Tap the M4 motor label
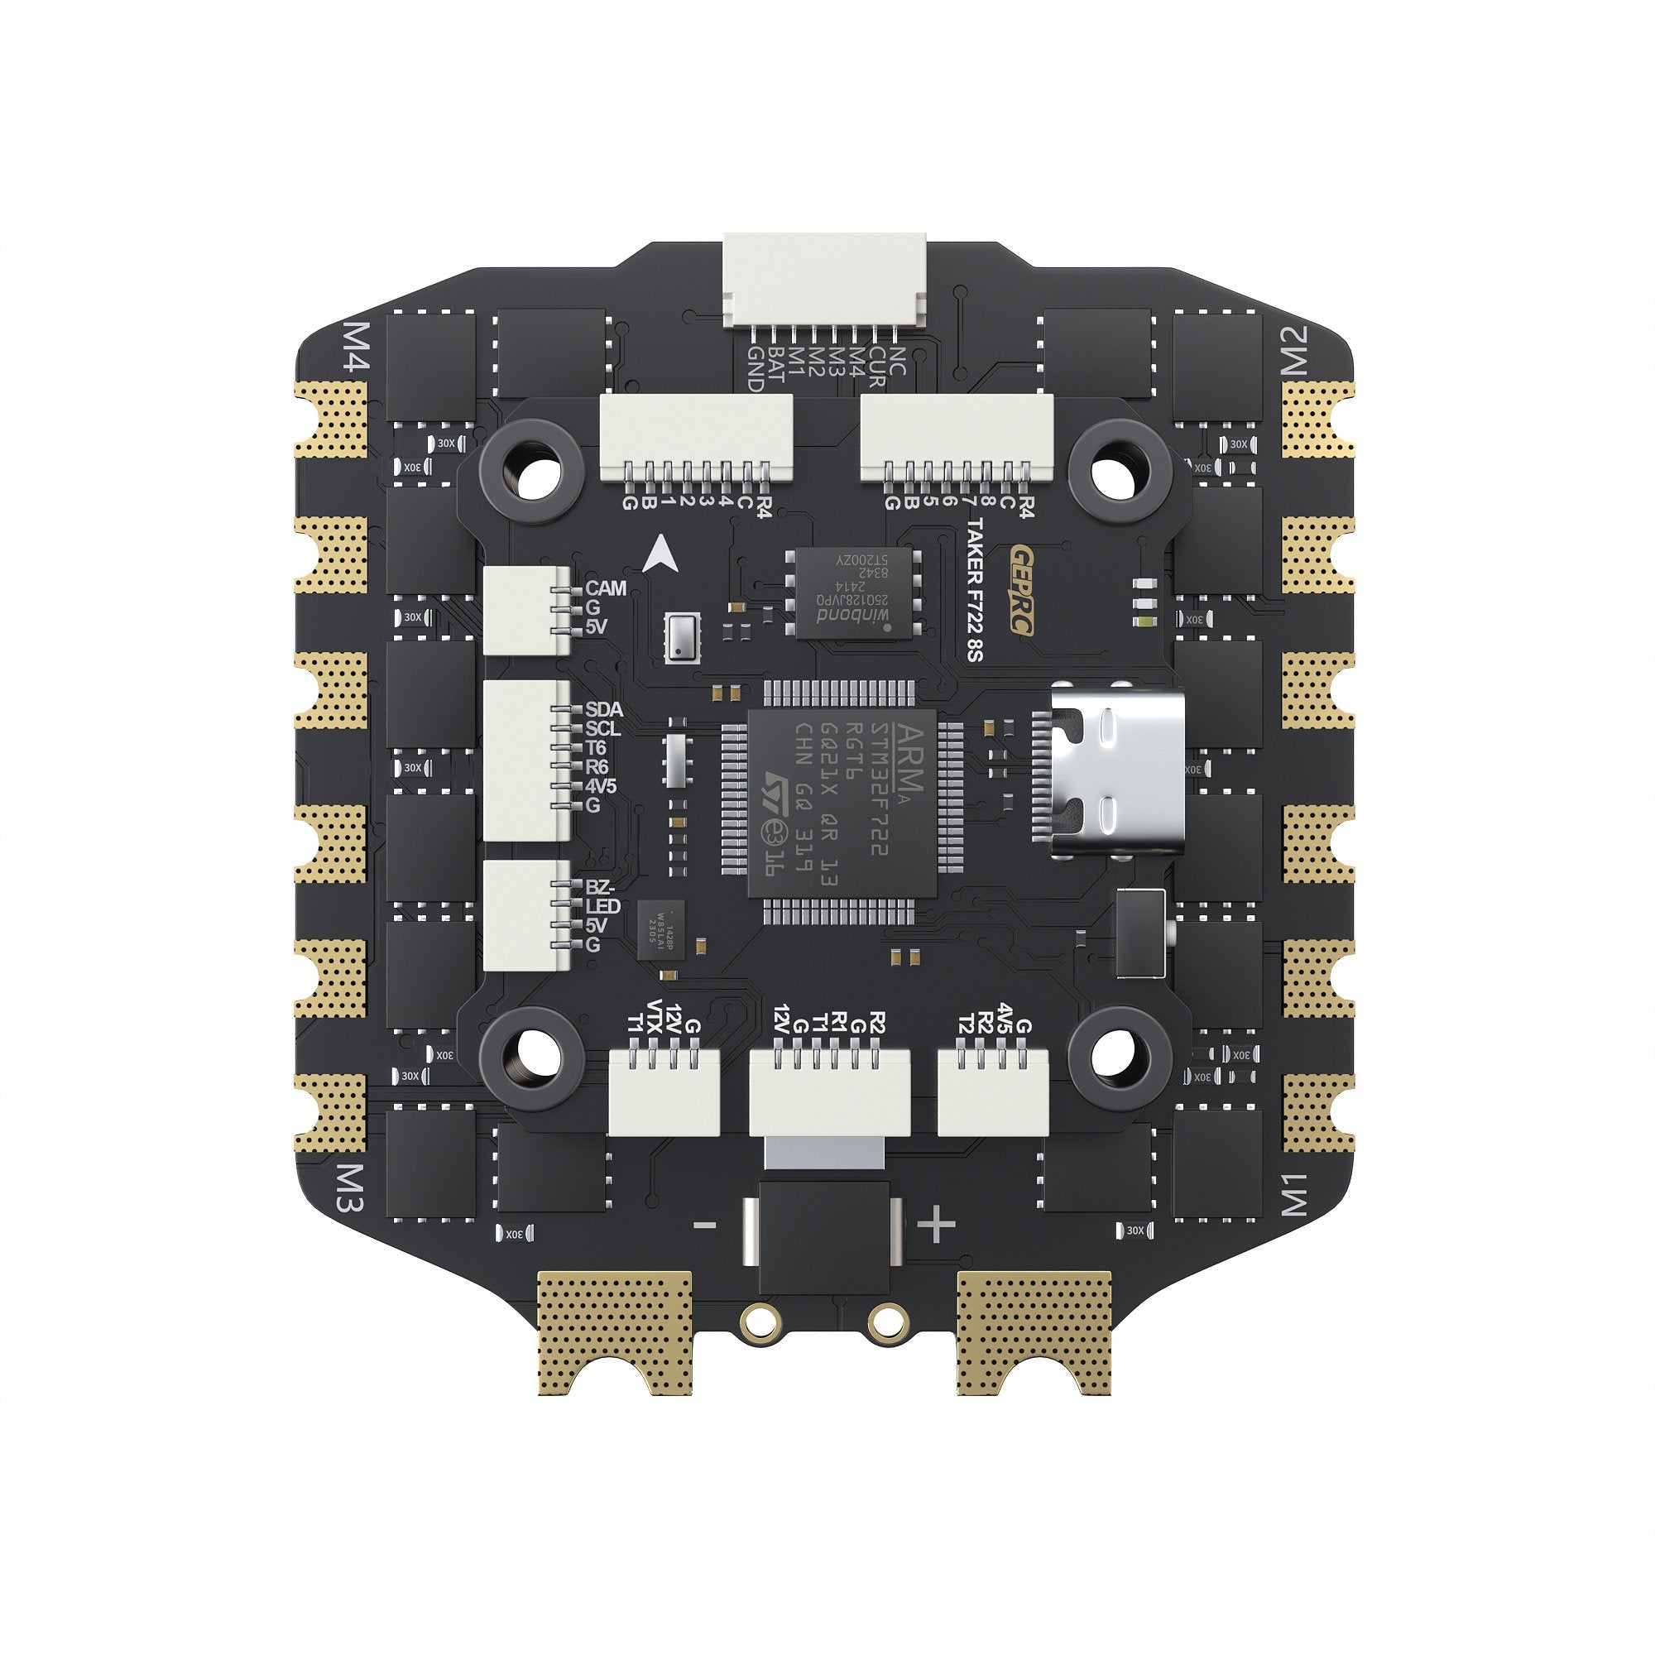[355, 346]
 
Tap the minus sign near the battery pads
[704, 1226]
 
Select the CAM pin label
[606, 588]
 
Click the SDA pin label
[604, 710]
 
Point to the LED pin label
[603, 906]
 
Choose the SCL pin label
[603, 729]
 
